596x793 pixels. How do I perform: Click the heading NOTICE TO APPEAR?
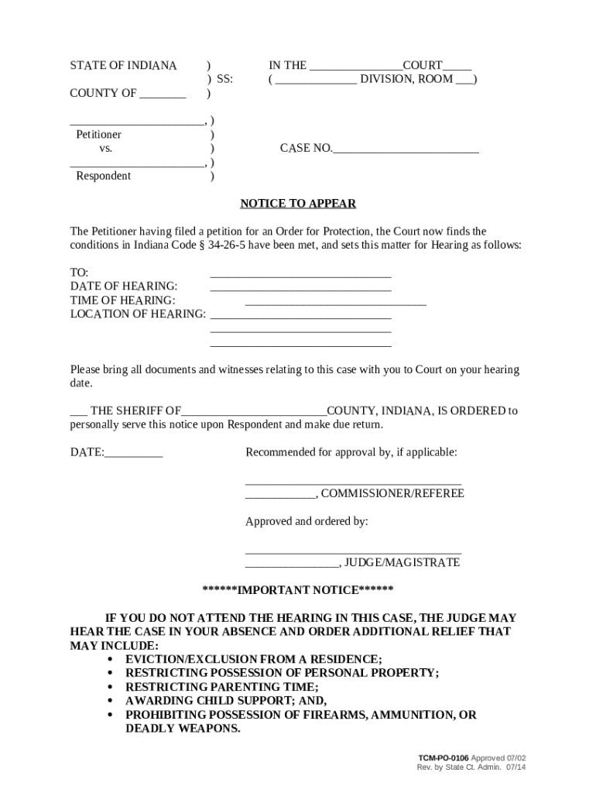click(x=298, y=204)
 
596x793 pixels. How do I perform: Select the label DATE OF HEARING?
click(x=124, y=287)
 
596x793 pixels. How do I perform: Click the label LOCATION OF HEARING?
click(x=139, y=314)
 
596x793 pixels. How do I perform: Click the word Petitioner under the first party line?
click(x=98, y=135)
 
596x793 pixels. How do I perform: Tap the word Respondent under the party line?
click(x=103, y=177)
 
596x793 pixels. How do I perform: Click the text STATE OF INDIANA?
click(x=124, y=66)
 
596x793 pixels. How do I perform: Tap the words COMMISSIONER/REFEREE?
click(x=392, y=493)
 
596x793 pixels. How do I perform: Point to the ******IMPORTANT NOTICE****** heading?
click(x=298, y=590)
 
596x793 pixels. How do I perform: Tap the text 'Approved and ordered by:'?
click(x=307, y=522)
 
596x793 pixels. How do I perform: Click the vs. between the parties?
click(x=106, y=149)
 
